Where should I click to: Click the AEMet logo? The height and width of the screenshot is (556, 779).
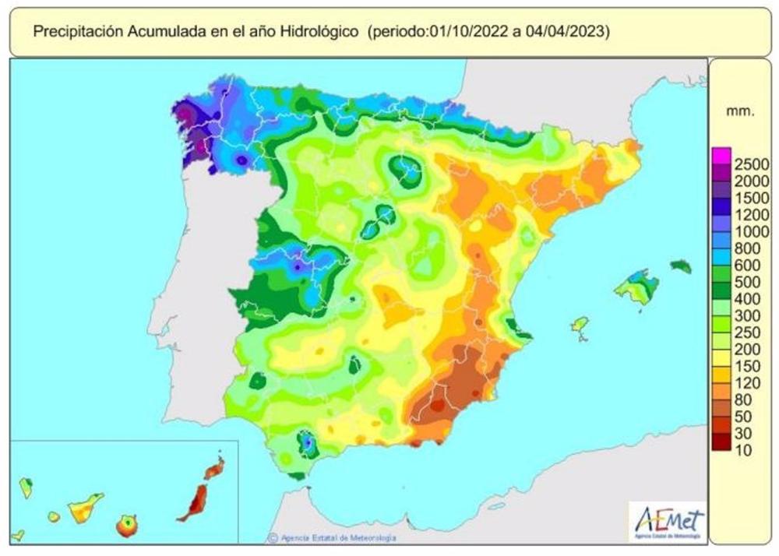(x=668, y=521)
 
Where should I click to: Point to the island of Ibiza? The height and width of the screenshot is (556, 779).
(x=580, y=324)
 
